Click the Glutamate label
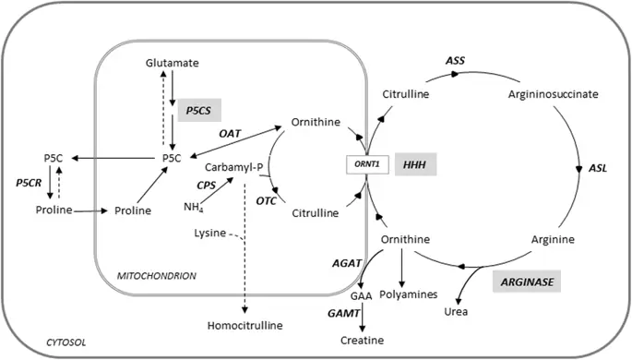[172, 62]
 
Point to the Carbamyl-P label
[234, 170]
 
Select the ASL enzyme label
[599, 169]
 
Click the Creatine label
[363, 340]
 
